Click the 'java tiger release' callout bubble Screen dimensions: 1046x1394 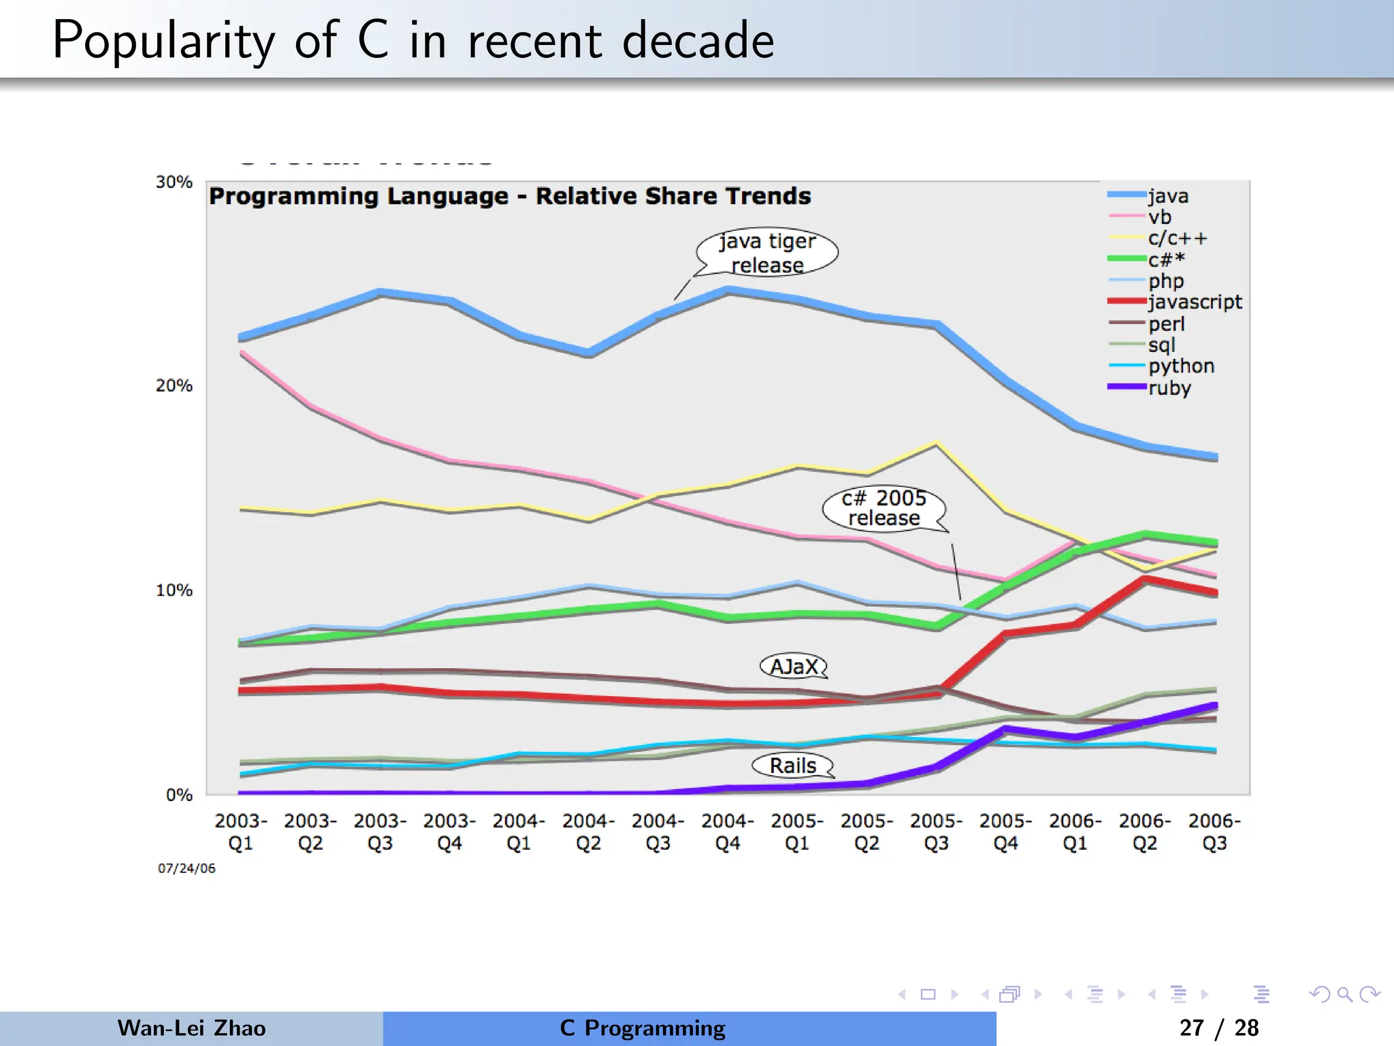[767, 252]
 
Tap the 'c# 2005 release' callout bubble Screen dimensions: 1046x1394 [884, 508]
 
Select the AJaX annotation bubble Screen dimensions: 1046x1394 [793, 666]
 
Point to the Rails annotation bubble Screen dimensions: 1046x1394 [792, 765]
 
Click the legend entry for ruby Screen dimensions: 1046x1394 [1169, 388]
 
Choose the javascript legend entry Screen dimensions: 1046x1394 [1194, 302]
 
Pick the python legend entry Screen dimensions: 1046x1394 [1180, 366]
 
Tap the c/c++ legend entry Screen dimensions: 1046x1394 [1177, 238]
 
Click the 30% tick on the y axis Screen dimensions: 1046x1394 [174, 183]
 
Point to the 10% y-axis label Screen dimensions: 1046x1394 [174, 590]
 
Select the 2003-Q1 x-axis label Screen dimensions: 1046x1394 [241, 831]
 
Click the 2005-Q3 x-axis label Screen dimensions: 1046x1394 [937, 831]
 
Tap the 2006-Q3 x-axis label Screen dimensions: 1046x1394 [1214, 831]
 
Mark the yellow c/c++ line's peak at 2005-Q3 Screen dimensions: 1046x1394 [937, 444]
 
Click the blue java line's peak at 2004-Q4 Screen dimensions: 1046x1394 [728, 291]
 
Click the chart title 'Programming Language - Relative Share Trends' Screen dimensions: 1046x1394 [509, 196]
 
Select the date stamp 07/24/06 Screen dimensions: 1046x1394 [187, 868]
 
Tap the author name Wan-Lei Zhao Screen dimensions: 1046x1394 [191, 1028]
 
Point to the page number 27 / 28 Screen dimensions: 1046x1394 [1218, 1028]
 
